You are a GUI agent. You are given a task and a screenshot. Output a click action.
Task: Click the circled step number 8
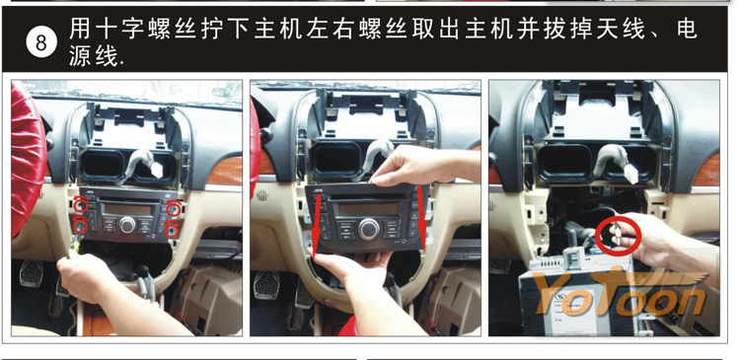(x=41, y=42)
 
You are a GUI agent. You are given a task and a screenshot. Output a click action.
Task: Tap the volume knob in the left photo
(x=127, y=225)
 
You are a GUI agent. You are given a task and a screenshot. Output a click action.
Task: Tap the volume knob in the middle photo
(x=369, y=229)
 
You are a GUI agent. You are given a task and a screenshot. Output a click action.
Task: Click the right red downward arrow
(x=421, y=218)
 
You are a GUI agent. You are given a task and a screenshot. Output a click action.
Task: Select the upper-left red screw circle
(x=81, y=205)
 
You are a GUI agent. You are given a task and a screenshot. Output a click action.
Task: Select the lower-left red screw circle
(x=80, y=226)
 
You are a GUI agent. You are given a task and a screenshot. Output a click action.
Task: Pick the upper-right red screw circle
(x=174, y=207)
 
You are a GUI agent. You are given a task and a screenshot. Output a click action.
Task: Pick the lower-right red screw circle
(x=173, y=229)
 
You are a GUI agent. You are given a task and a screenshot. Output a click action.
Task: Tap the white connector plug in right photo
(x=629, y=175)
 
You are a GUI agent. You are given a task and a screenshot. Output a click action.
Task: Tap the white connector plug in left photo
(x=156, y=170)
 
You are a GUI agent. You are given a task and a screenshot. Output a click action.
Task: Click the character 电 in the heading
(x=686, y=29)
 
